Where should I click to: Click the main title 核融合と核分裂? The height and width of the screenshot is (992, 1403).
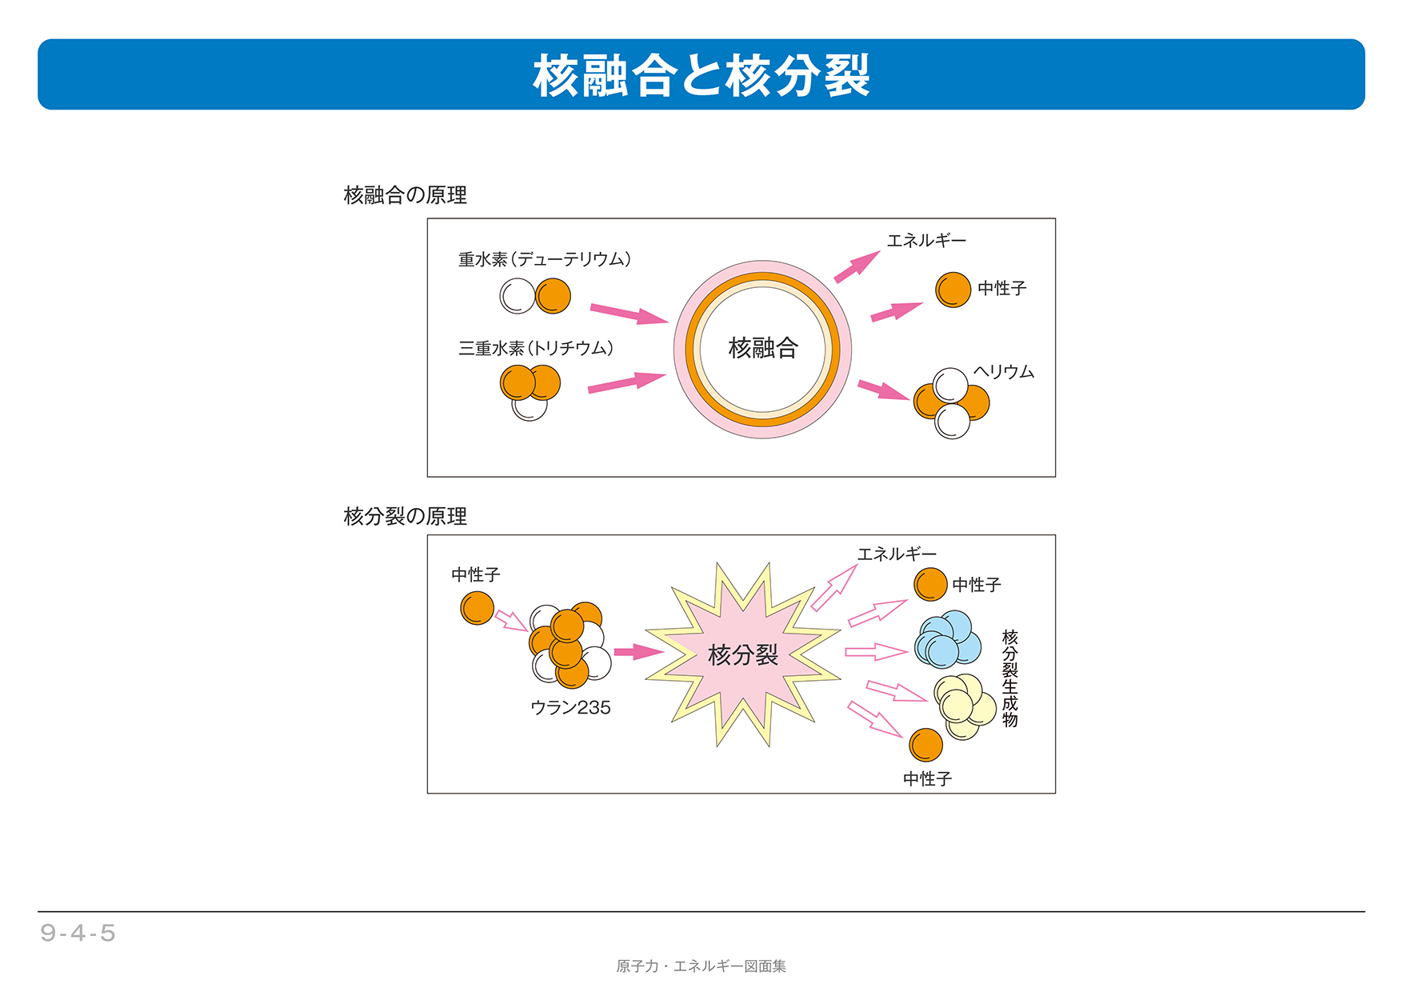point(701,75)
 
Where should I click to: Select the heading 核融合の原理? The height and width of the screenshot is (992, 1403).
point(406,195)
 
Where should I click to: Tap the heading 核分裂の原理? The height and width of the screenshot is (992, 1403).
point(406,516)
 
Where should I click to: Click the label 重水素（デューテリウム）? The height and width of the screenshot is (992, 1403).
point(545,259)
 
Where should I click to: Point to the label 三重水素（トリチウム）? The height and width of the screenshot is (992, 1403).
point(536,348)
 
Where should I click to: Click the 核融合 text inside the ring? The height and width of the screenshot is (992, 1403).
point(763,348)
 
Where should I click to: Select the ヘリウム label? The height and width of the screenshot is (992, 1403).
point(1004,372)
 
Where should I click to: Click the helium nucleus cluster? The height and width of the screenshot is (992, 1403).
point(952,403)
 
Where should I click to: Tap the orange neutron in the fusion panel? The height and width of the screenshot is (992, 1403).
point(953,290)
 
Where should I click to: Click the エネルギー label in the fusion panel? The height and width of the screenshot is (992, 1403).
point(926,240)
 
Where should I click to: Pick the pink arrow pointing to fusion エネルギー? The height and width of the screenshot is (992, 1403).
point(857,266)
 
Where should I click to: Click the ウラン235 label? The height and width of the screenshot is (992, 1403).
point(570,707)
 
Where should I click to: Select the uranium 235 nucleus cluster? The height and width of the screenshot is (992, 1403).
point(570,645)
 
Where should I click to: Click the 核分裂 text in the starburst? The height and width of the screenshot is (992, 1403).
point(743,655)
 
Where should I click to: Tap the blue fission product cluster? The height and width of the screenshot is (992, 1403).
point(949,639)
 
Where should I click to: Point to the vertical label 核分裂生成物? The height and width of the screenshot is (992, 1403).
point(1010,678)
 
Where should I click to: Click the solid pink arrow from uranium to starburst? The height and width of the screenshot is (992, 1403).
point(639,651)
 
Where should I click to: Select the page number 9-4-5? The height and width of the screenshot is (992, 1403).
point(78,933)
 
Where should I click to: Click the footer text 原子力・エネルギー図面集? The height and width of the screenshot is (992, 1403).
point(701,966)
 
